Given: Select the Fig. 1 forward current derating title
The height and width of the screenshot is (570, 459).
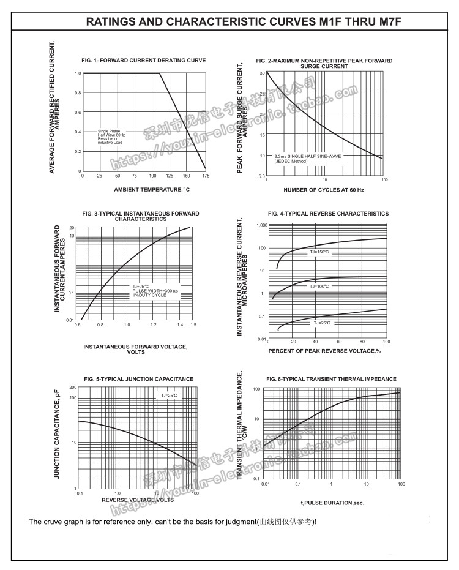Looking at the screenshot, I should [x=144, y=60].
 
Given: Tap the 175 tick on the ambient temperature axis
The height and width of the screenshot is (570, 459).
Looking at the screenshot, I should [x=205, y=176].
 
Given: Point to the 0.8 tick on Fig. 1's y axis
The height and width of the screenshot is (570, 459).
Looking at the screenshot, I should [x=78, y=93].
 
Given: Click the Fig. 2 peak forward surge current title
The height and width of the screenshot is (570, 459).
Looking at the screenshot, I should [x=324, y=64].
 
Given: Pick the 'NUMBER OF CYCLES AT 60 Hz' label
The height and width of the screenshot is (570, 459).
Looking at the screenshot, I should [x=324, y=190].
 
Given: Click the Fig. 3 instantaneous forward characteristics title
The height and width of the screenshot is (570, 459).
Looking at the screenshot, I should [x=141, y=216].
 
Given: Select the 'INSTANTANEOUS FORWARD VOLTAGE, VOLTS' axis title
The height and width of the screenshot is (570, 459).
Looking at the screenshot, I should [x=136, y=350].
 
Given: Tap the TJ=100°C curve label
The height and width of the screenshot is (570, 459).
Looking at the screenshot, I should [x=319, y=286].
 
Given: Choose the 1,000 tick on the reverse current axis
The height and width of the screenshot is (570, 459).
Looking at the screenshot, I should [x=261, y=225].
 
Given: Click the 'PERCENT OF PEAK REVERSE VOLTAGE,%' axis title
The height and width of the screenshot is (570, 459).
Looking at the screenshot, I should [x=324, y=351].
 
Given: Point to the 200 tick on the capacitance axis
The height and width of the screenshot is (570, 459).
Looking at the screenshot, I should [x=73, y=388].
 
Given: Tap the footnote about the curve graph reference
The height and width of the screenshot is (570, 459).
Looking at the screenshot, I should [x=173, y=522].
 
